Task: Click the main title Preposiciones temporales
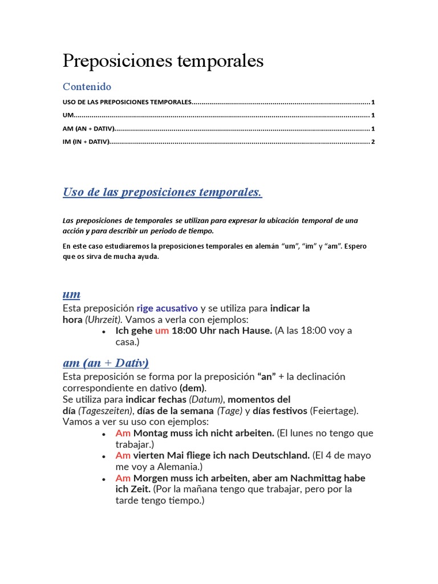163,61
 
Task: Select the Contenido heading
87,87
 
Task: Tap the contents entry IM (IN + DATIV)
86,141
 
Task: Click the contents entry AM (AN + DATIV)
88,128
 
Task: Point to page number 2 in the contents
372,141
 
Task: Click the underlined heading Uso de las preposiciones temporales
162,192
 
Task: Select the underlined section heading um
71,294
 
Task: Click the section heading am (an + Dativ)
106,363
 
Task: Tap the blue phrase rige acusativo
167,309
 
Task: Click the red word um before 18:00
162,331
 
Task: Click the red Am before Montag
123,433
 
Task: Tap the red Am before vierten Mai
123,455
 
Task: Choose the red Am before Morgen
123,478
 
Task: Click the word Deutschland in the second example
279,455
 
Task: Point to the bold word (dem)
193,388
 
